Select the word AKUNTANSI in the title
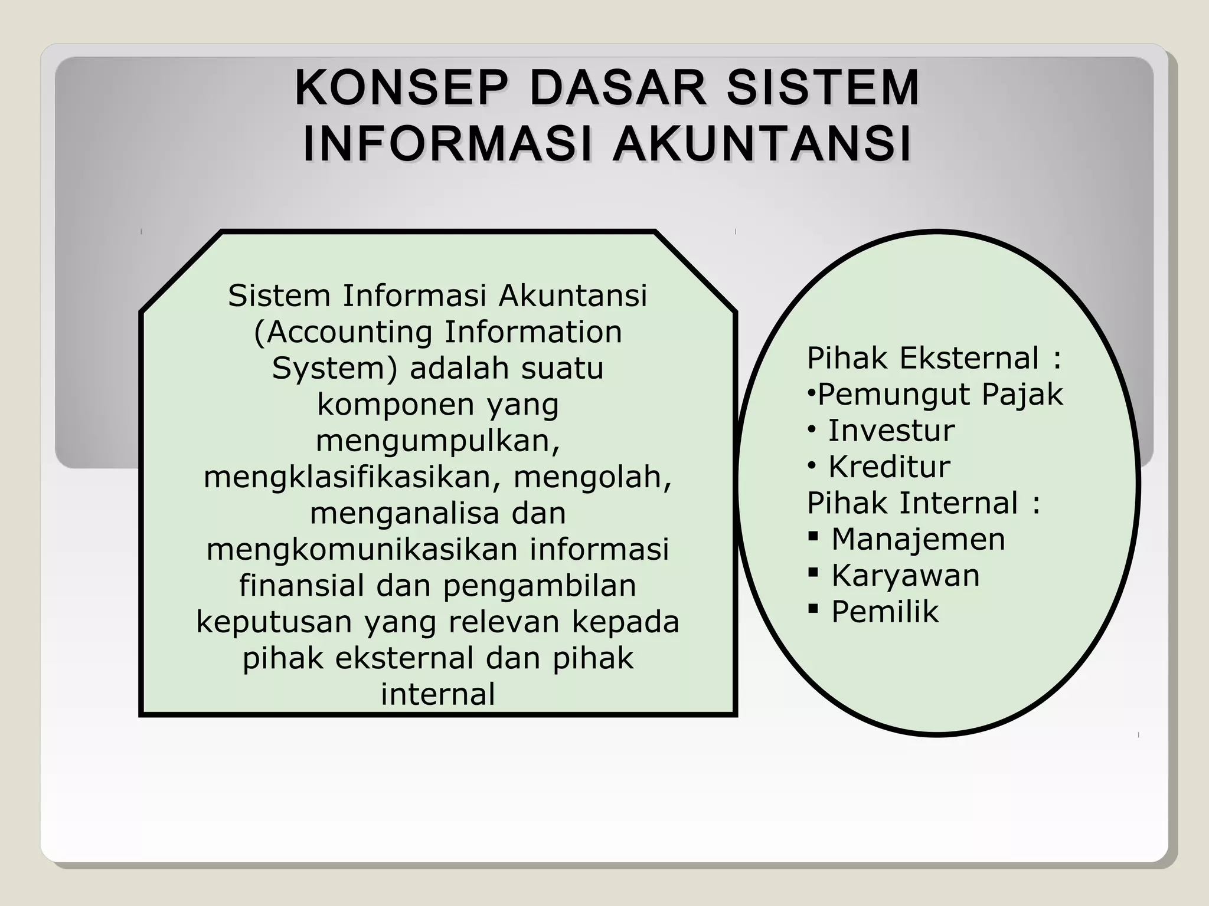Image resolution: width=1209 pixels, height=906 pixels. click(762, 144)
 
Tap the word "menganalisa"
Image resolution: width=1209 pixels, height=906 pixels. click(404, 513)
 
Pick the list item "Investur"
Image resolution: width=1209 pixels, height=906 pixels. click(891, 431)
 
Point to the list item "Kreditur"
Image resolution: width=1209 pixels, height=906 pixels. click(889, 467)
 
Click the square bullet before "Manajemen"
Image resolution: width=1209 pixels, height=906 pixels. click(814, 537)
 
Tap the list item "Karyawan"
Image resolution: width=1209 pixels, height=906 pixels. click(905, 576)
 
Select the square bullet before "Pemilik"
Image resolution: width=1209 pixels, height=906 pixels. click(814, 608)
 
